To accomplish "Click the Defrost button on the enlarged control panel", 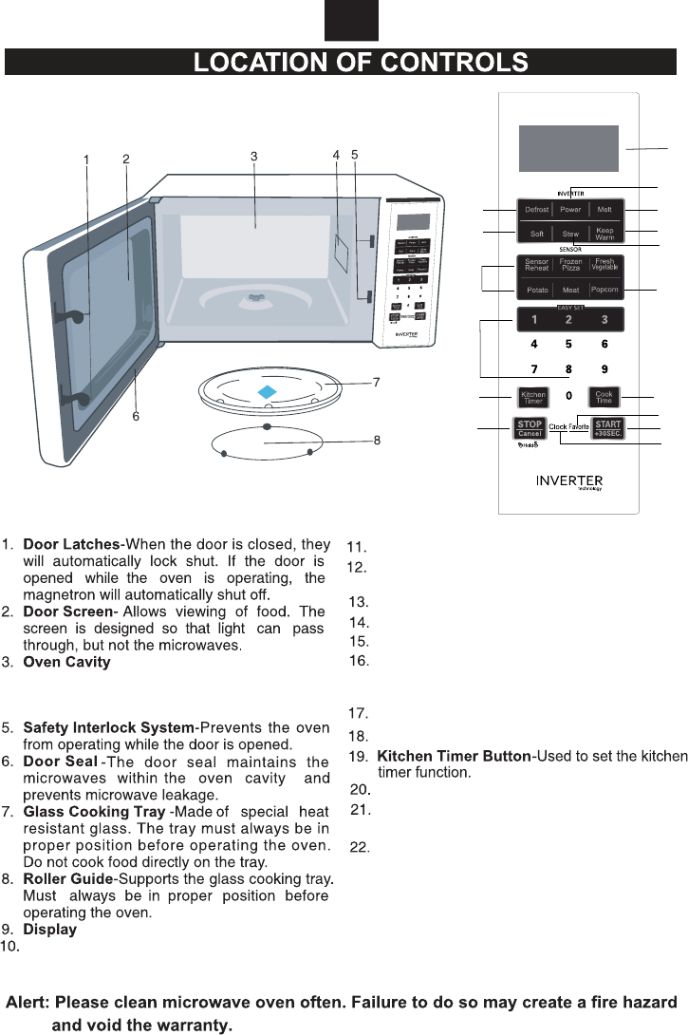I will click(x=536, y=209).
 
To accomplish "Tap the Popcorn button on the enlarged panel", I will click(x=604, y=289).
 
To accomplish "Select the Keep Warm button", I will click(x=604, y=234).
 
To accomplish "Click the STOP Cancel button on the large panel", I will click(x=530, y=428).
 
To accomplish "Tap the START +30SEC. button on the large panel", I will click(x=607, y=427).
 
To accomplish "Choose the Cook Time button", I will click(x=604, y=397).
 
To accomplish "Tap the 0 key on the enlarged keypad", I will click(x=569, y=394).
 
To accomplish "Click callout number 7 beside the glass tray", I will click(x=377, y=382).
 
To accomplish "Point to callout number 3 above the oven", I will click(x=254, y=157).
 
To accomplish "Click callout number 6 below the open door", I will click(x=137, y=416).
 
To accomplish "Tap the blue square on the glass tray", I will click(x=268, y=390).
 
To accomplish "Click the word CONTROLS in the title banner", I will click(x=454, y=63).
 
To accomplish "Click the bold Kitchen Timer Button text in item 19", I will click(x=454, y=756).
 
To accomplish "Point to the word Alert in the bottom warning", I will click(x=28, y=1003).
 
